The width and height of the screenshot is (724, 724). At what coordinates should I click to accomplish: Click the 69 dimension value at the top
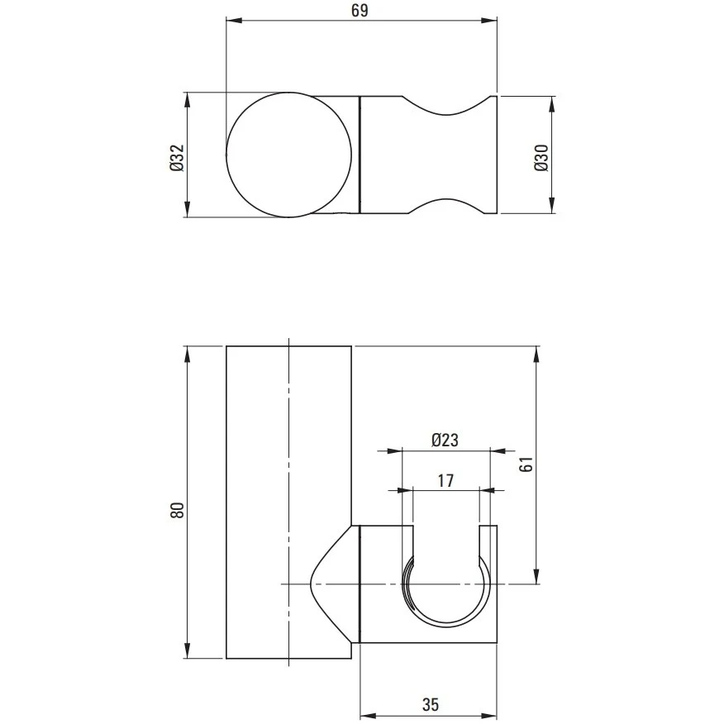click(x=360, y=10)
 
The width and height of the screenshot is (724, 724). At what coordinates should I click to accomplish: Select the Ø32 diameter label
click(x=177, y=158)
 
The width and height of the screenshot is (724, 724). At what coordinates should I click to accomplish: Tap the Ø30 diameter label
click(x=541, y=158)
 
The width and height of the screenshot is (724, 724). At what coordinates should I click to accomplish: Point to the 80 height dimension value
click(x=178, y=510)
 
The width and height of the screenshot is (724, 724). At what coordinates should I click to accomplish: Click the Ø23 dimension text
click(x=445, y=440)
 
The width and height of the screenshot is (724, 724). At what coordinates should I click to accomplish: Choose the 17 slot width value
click(x=445, y=481)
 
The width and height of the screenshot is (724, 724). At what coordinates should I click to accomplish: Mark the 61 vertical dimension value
click(x=526, y=464)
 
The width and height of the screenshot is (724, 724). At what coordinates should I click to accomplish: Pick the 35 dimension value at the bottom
click(x=431, y=705)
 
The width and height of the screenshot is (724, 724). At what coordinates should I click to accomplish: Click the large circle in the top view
click(x=289, y=93)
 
